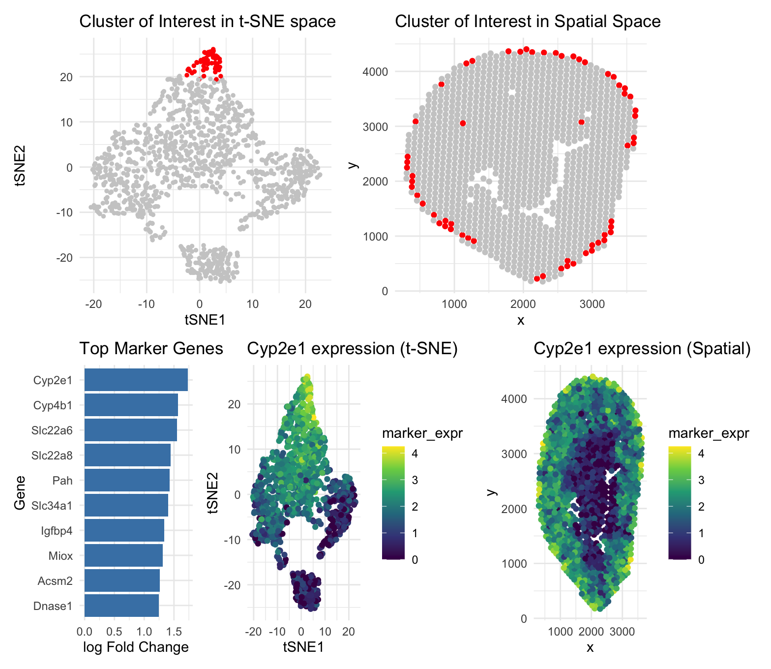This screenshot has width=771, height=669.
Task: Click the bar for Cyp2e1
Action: coord(136,380)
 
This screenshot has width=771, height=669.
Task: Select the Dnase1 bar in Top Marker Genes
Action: coord(121,606)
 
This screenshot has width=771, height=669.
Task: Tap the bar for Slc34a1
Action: coord(126,505)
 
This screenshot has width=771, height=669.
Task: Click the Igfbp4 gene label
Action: coord(57,531)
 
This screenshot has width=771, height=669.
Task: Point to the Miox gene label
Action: coord(60,556)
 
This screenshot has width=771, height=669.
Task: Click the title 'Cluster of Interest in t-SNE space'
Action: coord(207,22)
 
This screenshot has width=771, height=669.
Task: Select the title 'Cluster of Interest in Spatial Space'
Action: coord(528,22)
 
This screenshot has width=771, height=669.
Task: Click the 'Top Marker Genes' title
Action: coord(151,349)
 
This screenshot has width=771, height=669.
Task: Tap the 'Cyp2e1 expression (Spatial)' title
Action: coord(642,349)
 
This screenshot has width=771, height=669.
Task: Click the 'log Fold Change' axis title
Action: coord(136,647)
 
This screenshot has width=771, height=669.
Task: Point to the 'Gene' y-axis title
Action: coord(20,492)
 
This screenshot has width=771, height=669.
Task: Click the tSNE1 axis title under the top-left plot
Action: coord(205,320)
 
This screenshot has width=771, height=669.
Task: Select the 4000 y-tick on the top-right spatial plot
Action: coord(375,72)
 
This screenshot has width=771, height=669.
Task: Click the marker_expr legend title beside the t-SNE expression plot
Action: coord(422,433)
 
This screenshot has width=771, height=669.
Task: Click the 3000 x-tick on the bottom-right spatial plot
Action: coord(622,631)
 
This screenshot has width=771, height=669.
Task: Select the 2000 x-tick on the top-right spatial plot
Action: coord(523,304)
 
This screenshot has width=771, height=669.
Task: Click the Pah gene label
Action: coord(62,481)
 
